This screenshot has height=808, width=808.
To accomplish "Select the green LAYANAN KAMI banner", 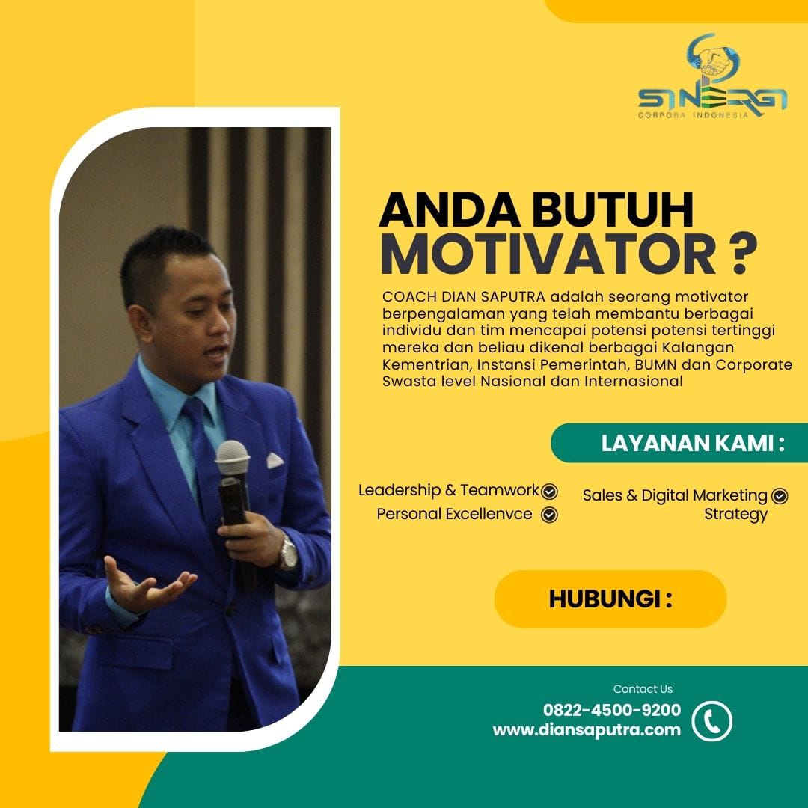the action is (679, 443).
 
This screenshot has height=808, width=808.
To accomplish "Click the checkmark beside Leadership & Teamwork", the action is (549, 492).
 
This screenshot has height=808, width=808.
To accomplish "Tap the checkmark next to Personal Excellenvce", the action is (549, 515).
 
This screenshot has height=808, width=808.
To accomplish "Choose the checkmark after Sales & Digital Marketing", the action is (780, 496).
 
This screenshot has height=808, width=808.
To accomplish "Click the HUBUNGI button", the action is (610, 599).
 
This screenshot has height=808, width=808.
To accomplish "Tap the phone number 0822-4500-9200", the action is (612, 709).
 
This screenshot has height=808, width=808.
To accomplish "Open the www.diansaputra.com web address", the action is (587, 729).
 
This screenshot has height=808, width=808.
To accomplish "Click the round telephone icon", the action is (711, 721).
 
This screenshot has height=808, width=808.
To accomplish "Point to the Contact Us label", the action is (643, 689).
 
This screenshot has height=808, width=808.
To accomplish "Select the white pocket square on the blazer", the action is (275, 459).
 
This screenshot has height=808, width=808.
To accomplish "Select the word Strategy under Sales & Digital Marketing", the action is (736, 514).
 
